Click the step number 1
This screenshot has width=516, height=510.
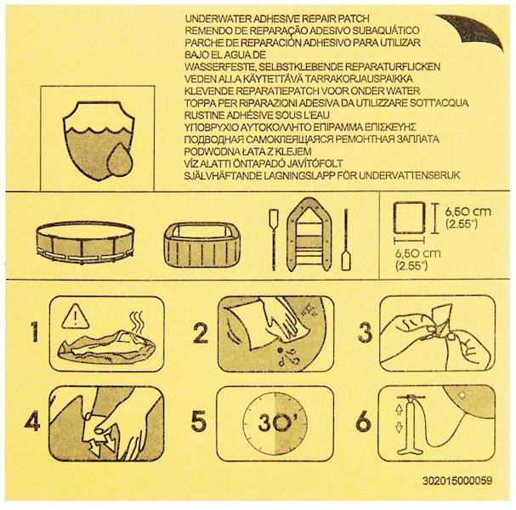[34, 331]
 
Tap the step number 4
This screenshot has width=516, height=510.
[32, 422]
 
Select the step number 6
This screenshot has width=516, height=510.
[364, 422]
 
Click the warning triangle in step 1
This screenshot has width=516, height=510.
[76, 316]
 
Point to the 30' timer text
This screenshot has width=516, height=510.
[278, 422]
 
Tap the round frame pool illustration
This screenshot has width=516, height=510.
[85, 242]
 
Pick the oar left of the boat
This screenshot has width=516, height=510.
[274, 240]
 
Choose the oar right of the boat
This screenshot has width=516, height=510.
[346, 240]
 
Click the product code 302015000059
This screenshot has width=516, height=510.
[457, 481]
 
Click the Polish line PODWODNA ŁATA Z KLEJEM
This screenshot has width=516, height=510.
[247, 151]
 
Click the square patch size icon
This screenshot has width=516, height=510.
[409, 218]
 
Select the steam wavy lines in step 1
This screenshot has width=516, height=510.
[137, 323]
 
